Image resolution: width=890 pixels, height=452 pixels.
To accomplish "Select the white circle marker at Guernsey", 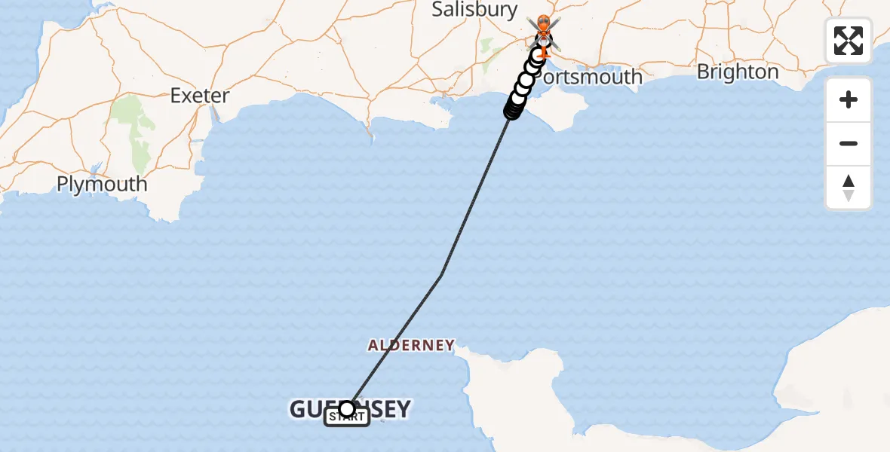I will point(347,408).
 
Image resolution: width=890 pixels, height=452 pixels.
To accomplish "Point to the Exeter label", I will point(199,96).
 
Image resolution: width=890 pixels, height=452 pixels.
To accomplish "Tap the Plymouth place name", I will point(102,184).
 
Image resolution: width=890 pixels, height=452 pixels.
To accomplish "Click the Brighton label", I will point(738,72).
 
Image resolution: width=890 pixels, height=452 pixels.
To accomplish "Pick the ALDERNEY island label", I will point(411,346).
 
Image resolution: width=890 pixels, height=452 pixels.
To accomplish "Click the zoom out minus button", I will point(849,144).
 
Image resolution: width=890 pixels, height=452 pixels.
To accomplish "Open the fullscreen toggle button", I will point(849,41).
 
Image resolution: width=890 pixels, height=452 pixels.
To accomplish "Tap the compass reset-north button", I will point(849,188).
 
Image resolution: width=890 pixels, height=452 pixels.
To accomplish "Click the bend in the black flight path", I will point(441,276).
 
